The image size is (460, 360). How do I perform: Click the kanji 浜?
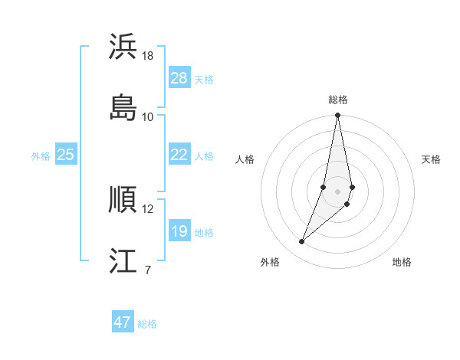coord(123,47)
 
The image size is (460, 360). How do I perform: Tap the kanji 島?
coord(123,107)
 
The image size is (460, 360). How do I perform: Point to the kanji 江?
coord(123,260)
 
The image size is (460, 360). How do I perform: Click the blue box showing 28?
coord(179,78)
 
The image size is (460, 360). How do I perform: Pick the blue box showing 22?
coord(179,155)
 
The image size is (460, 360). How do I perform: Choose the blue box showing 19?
coord(179,231)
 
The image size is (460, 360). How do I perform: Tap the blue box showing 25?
coord(66,155)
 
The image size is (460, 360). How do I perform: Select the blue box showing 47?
coord(123,322)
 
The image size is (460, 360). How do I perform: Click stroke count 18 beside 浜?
coord(148,56)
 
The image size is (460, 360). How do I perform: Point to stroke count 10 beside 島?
coord(148,116)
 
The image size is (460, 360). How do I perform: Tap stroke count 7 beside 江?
coord(147,270)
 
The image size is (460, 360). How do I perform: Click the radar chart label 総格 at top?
coord(338,100)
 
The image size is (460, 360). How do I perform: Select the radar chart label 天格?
coord(432,159)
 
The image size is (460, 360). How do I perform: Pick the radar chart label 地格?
coord(402,262)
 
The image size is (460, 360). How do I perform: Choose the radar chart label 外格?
coord(270,262)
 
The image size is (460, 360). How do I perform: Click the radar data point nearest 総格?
coord(338,116)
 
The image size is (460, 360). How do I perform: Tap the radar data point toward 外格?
coord(302,242)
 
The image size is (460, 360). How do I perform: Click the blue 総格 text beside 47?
coord(147,324)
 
